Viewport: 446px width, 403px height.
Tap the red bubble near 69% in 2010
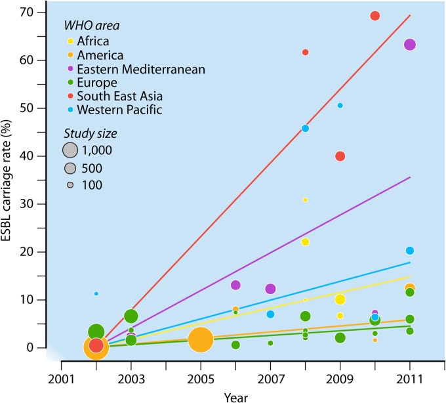[x=375, y=16]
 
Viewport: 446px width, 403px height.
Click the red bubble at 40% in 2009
[x=340, y=156]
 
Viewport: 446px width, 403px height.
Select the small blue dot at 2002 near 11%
[x=96, y=293]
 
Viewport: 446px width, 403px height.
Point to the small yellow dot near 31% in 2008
[x=305, y=200]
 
